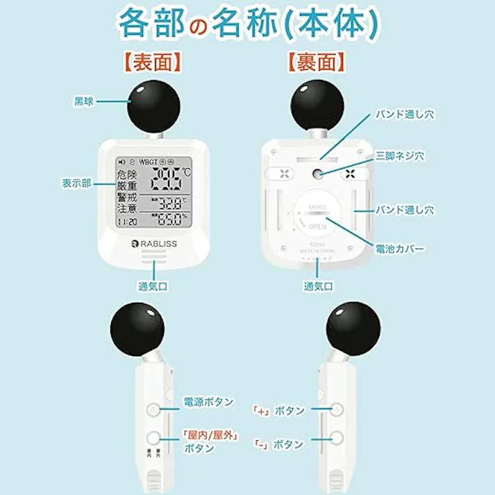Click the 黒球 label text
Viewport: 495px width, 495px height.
click(83, 101)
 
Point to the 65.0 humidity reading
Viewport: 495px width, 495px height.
click(171, 221)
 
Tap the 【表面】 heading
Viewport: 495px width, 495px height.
click(153, 63)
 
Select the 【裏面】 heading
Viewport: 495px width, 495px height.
click(315, 63)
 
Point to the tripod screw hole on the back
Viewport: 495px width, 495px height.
click(317, 174)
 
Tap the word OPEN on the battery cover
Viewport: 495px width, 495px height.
click(317, 226)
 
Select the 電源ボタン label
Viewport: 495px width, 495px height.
click(208, 402)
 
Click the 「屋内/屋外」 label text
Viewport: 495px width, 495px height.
click(210, 435)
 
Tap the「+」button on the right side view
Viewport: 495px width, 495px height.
click(337, 410)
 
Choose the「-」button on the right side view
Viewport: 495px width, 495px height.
click(337, 438)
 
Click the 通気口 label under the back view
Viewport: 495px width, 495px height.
click(317, 285)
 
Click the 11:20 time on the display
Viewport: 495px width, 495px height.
click(127, 222)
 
